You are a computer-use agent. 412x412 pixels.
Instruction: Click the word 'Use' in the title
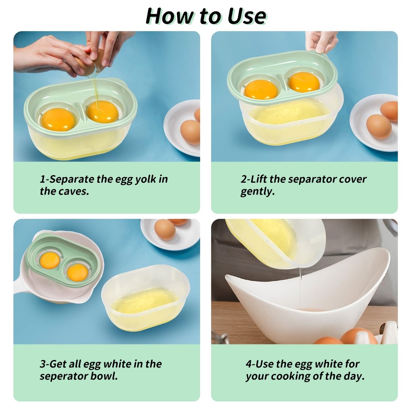tap(246, 16)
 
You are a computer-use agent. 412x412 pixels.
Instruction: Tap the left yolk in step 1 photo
tap(58, 119)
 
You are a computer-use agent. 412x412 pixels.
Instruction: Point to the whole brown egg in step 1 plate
tap(190, 131)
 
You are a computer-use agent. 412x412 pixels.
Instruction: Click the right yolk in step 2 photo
tap(304, 82)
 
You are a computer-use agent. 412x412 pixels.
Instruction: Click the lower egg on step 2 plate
tap(379, 126)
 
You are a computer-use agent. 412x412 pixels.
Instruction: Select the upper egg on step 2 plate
tap(389, 110)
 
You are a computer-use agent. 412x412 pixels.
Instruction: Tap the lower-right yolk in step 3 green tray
tap(77, 272)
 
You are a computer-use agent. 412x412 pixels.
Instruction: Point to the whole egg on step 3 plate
tap(165, 229)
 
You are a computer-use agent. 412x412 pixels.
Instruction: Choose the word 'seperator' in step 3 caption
tap(63, 376)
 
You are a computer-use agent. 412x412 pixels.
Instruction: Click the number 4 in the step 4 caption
tap(248, 364)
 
